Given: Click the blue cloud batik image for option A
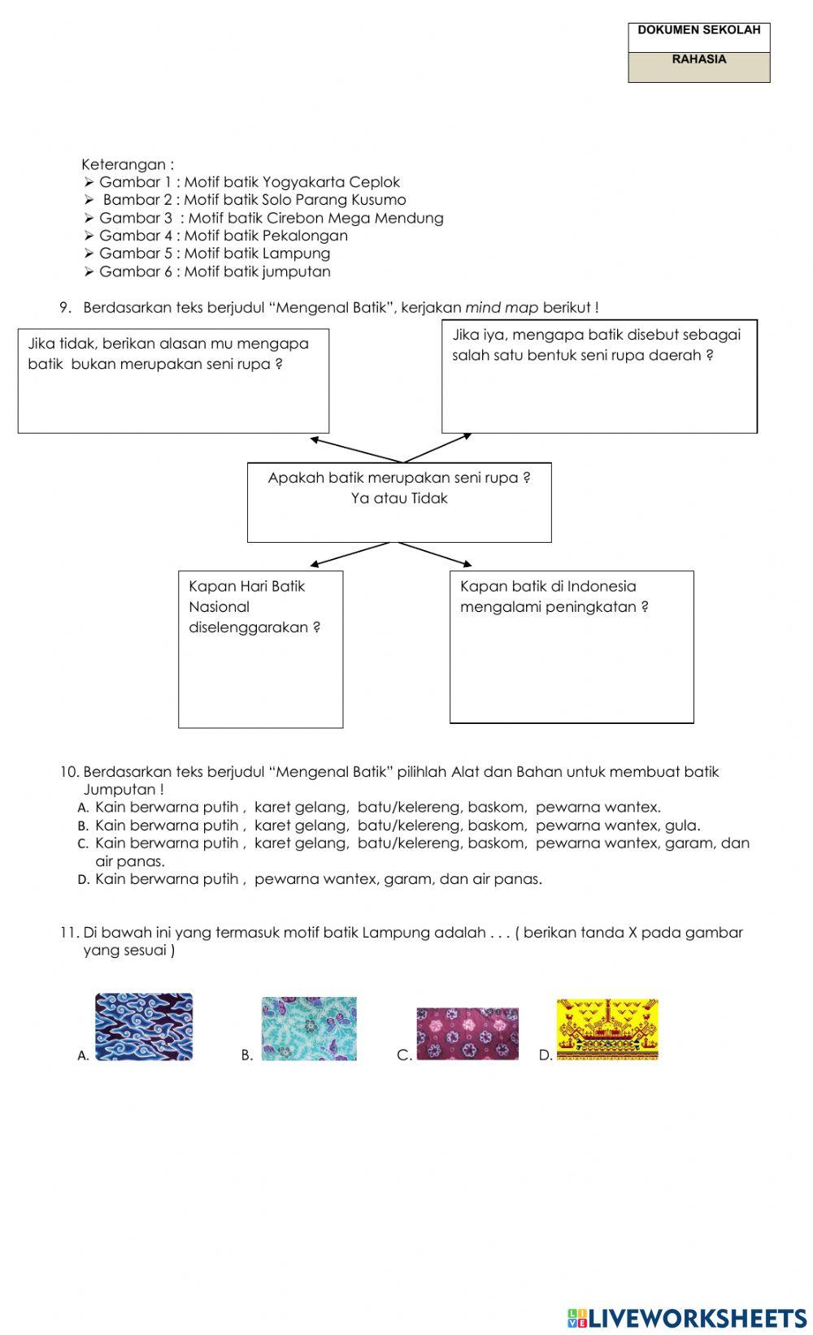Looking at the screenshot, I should point(144,1026).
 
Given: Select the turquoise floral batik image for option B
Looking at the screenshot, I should point(309,1028).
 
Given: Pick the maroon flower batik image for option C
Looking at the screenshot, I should point(467,1034).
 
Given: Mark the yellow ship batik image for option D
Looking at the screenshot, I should point(607,1029).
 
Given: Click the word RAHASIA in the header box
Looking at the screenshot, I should point(699,59).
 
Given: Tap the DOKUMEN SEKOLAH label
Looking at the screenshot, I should point(699,30).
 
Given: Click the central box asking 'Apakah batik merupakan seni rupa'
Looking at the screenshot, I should point(399,502).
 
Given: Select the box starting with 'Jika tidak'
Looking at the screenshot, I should point(173,380).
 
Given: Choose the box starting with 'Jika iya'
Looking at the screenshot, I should point(599,376).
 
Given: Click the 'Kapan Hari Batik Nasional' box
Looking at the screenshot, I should point(260,648).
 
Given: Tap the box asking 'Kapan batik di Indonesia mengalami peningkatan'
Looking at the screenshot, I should point(572,646).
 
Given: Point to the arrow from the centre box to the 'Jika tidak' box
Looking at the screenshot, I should point(355,450).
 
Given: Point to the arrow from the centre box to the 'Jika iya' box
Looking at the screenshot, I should point(438,448).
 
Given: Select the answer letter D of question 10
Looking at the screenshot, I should point(83,879).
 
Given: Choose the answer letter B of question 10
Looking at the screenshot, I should point(83,826).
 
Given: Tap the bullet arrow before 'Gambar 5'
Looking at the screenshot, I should point(89,254).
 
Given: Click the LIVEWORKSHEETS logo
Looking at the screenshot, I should point(687,1317).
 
